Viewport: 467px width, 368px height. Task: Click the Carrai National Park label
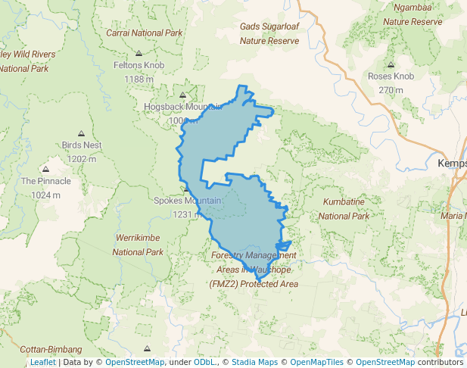145,33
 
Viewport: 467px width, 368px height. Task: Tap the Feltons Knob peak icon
139,53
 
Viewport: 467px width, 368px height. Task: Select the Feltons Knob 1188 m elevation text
139,79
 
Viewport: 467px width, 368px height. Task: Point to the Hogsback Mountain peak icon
182,95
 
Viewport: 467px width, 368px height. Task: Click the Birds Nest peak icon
82,133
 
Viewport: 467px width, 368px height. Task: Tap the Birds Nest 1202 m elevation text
82,159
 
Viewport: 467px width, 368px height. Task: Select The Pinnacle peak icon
45,170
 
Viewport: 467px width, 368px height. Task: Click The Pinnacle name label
45,182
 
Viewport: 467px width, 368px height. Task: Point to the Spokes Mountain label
187,201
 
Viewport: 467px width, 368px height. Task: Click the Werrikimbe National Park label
139,245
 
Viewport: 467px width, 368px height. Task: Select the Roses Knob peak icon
391,64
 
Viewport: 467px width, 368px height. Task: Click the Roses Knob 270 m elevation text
391,90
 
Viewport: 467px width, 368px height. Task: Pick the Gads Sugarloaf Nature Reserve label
269,33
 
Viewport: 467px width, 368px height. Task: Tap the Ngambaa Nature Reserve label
413,15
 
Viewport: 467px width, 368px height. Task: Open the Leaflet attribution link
42,362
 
